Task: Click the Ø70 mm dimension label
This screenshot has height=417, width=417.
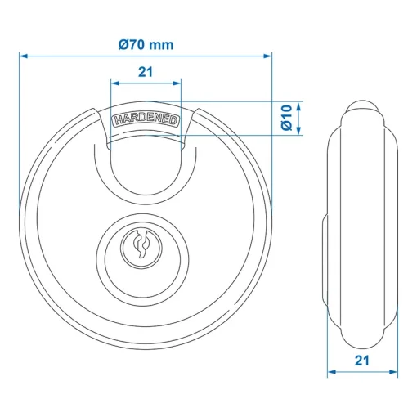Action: pyautogui.click(x=146, y=45)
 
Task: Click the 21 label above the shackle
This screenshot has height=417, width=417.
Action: pyautogui.click(x=146, y=72)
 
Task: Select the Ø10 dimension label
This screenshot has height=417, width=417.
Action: pyautogui.click(x=287, y=118)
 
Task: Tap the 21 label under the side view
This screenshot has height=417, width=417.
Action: pyautogui.click(x=362, y=361)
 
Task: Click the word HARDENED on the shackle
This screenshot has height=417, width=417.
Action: pyautogui.click(x=146, y=119)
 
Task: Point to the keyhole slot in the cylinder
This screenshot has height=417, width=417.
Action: pyautogui.click(x=141, y=244)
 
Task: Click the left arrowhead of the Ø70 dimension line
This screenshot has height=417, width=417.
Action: pyautogui.click(x=24, y=56)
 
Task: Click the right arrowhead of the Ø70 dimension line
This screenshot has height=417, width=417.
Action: pyautogui.click(x=268, y=56)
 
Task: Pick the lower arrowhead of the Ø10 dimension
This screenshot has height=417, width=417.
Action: pyautogui.click(x=299, y=131)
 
